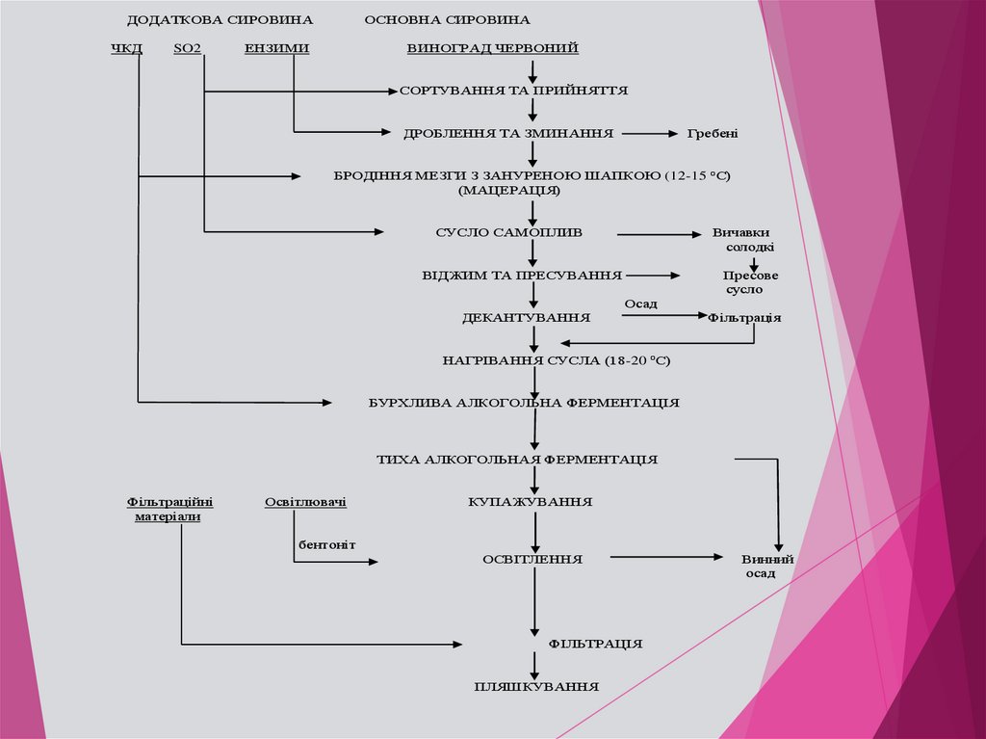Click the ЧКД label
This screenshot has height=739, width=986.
point(126,48)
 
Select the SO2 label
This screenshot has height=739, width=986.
point(188,48)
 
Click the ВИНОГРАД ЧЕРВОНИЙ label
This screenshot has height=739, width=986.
point(492,48)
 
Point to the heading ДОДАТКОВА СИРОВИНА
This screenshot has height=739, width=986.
point(220,20)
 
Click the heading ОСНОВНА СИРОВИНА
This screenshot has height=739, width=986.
point(447,20)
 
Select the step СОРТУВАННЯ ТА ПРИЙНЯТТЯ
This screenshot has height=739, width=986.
point(514,91)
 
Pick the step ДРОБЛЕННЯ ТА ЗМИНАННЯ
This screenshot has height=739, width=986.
point(509,133)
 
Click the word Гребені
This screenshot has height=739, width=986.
point(712,133)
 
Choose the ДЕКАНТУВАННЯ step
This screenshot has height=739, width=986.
point(526,317)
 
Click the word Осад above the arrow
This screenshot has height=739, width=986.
point(640,304)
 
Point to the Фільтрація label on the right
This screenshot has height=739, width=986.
point(744,317)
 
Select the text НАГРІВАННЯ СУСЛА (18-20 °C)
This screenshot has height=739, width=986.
point(556,360)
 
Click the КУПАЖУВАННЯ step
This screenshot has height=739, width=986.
point(530,502)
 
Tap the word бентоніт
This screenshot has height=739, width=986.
point(326,545)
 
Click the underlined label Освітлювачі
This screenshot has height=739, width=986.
point(305,502)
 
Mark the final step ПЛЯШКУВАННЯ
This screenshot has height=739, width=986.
point(536,687)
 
